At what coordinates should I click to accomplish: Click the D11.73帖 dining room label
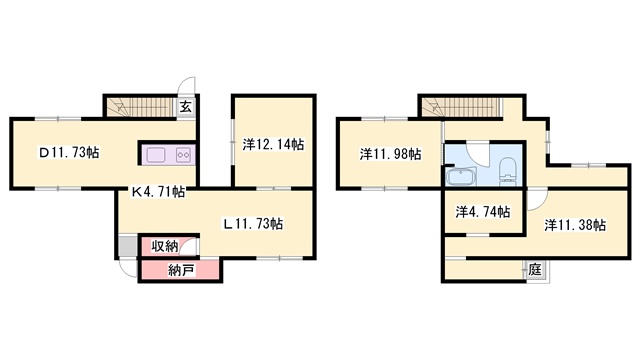(x=69, y=153)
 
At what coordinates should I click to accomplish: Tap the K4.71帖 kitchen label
(x=158, y=191)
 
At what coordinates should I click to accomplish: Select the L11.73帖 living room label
(x=252, y=224)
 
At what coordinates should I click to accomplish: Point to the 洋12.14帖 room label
(x=273, y=144)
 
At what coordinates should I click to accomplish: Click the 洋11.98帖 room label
(x=391, y=154)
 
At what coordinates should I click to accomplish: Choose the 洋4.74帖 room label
(x=483, y=212)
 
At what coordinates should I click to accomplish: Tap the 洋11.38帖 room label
(x=575, y=225)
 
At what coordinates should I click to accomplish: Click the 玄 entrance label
(x=186, y=107)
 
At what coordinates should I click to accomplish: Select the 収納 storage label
(x=165, y=246)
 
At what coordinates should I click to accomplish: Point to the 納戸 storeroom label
(x=181, y=270)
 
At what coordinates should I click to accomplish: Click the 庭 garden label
(x=535, y=270)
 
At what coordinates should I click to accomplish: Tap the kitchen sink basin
(x=156, y=155)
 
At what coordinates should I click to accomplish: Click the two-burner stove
(x=183, y=155)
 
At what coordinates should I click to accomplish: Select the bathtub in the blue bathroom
(x=462, y=177)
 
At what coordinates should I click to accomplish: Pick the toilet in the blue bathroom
(x=508, y=170)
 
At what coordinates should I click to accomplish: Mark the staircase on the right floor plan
(x=461, y=107)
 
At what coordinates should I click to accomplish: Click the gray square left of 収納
(x=128, y=246)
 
